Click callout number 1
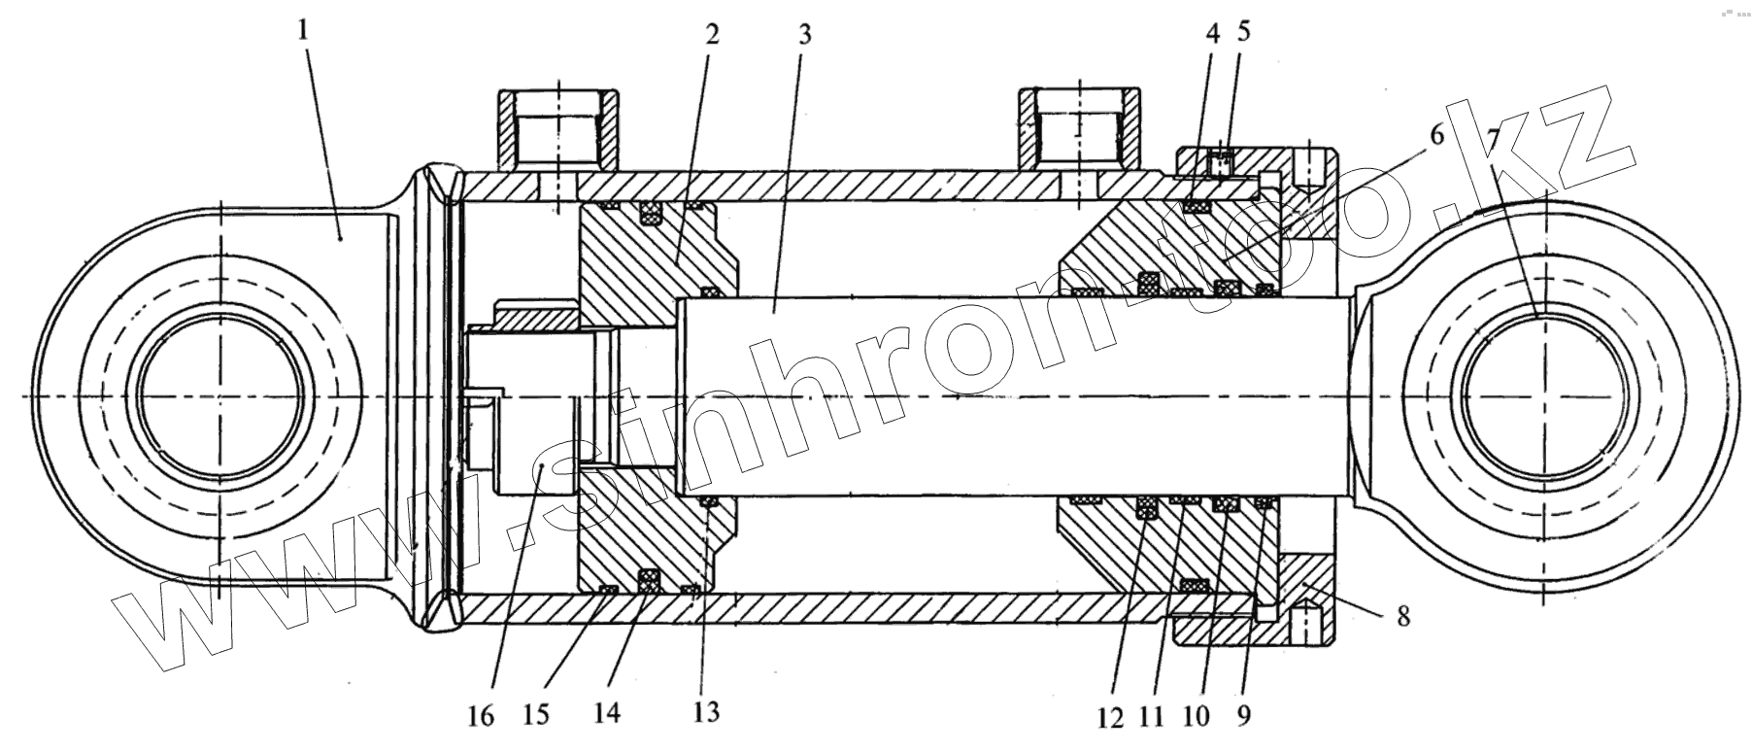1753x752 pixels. click(x=305, y=31)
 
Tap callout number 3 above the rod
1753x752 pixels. click(x=804, y=36)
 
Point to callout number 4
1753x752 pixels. click(x=1211, y=33)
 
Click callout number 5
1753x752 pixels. click(x=1244, y=30)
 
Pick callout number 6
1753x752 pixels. click(x=1435, y=135)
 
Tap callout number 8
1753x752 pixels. click(x=1402, y=615)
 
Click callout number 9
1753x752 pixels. click(x=1245, y=715)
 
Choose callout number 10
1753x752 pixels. click(x=1197, y=717)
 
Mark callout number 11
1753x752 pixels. click(x=1152, y=717)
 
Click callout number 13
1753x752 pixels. click(x=707, y=711)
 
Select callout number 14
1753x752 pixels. click(x=606, y=713)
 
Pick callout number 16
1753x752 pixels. click(x=481, y=717)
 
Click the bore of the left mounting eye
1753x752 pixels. click(x=220, y=397)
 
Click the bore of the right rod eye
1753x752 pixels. click(x=1542, y=398)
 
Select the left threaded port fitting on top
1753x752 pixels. click(x=558, y=131)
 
